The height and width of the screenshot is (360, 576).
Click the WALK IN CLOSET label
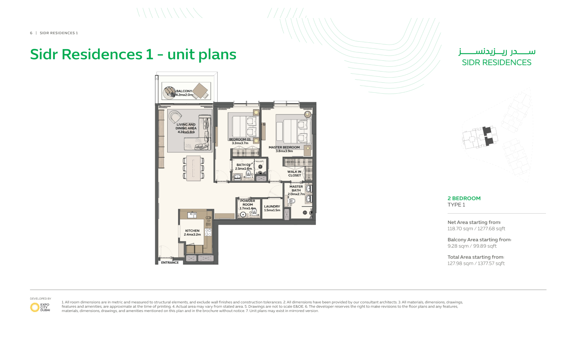click(294, 174)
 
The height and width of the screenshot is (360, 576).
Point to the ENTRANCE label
click(170, 262)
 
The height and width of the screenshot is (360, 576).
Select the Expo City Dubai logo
click(40, 307)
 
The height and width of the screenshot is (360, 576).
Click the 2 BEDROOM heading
click(464, 198)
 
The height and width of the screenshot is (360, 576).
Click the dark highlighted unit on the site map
click(488, 136)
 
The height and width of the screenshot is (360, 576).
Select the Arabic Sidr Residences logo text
click(497, 52)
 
